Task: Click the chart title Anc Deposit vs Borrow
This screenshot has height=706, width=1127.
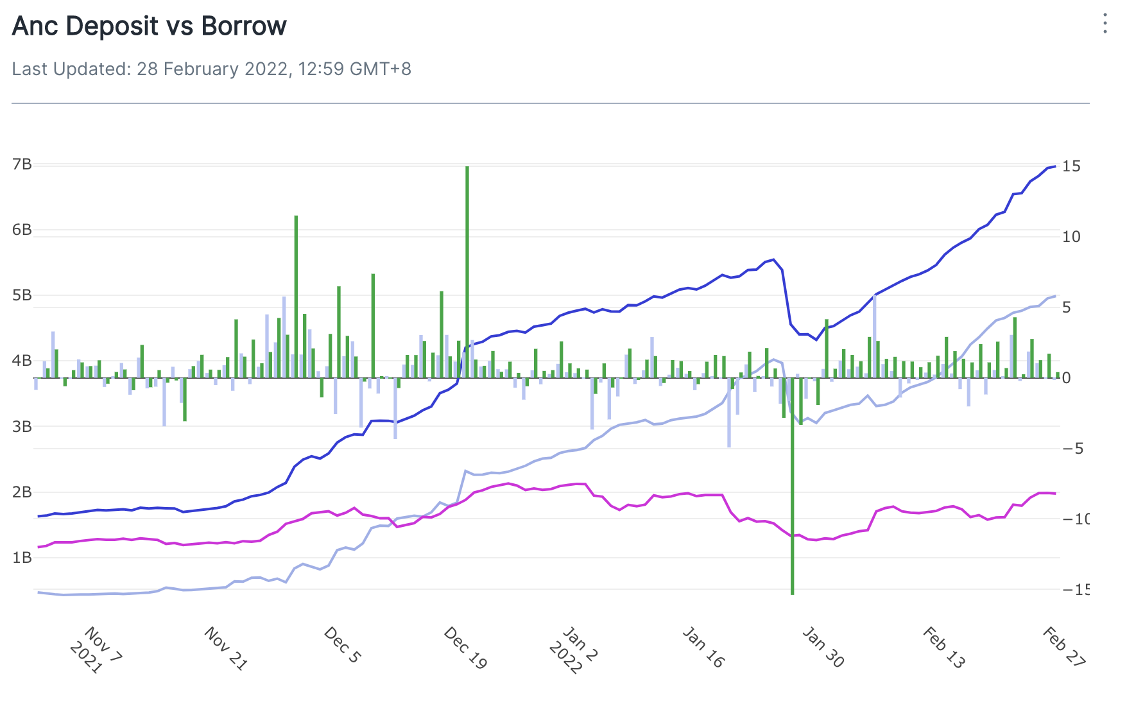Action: [x=149, y=26]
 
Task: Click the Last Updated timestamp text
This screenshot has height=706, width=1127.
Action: [x=211, y=69]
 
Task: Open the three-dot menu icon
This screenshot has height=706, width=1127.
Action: [x=1105, y=24]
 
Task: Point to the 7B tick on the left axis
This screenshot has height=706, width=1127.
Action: [x=22, y=164]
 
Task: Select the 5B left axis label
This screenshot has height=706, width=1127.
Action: [x=22, y=295]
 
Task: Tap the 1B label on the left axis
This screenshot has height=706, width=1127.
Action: [x=22, y=557]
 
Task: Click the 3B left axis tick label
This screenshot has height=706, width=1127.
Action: [x=22, y=426]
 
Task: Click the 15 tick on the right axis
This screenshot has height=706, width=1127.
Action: [x=1071, y=166]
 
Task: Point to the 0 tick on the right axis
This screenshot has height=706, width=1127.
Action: [x=1066, y=378]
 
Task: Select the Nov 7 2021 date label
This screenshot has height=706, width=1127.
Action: [x=94, y=650]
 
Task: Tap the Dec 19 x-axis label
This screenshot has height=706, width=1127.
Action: [x=465, y=648]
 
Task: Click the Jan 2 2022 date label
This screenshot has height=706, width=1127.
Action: [x=574, y=650]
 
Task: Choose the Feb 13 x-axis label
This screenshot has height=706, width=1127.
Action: [x=943, y=648]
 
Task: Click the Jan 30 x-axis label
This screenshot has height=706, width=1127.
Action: [x=823, y=648]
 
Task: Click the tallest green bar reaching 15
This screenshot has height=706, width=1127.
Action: [x=467, y=270]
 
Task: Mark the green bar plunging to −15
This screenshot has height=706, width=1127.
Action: [x=793, y=488]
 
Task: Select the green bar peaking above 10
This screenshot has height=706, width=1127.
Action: [x=296, y=295]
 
